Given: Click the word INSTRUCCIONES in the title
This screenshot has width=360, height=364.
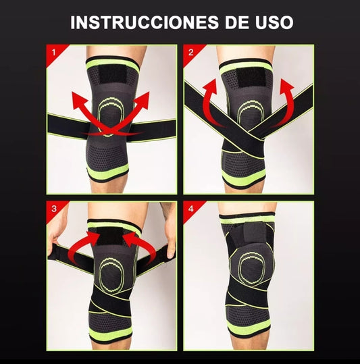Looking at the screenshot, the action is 145,22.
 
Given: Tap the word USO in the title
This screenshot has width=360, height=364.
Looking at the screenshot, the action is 274,22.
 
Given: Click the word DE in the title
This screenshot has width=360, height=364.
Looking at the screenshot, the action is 237,22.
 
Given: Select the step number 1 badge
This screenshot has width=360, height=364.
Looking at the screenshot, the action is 54,53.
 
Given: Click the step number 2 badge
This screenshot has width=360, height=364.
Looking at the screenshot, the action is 190,53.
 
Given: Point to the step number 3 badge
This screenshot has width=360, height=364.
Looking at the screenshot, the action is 54,209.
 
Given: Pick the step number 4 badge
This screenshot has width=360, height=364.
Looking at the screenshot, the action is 190,209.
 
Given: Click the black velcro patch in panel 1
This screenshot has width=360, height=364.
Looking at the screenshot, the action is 113,74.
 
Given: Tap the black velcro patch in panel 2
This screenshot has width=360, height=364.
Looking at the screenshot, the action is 250,77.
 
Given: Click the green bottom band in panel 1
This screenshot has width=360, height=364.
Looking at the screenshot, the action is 108,171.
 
